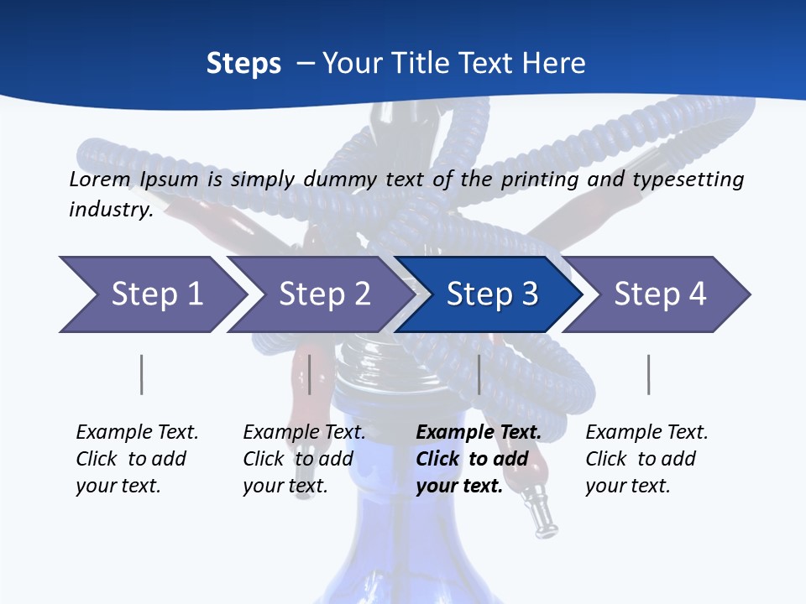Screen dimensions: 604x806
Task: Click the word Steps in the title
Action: [x=243, y=64]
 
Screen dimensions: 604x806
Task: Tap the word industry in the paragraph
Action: [x=109, y=210]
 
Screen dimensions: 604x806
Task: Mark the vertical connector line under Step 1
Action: [x=142, y=375]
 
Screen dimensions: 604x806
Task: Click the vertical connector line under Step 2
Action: [x=310, y=375]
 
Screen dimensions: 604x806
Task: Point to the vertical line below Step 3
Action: [x=479, y=375]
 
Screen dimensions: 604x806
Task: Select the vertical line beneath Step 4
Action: [x=648, y=375]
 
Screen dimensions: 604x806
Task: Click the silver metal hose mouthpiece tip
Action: [x=541, y=516]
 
